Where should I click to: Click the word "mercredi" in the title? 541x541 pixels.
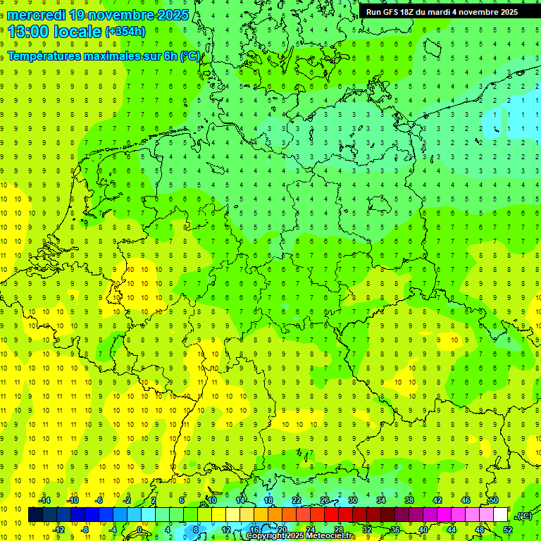tap(36, 15)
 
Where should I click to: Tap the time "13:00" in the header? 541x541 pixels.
tap(30, 31)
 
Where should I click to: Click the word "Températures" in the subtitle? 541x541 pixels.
tap(49, 56)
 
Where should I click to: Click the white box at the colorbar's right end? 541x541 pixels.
tap(500, 515)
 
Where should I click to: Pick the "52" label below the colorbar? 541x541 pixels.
tap(507, 530)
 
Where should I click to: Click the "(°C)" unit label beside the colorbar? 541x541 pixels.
tap(524, 516)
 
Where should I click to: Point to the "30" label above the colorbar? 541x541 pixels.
tap(352, 500)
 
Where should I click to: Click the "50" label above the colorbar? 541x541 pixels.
tap(493, 500)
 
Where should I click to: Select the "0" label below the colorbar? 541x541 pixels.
tap(139, 530)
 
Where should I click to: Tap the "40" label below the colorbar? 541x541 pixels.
tap(423, 530)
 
